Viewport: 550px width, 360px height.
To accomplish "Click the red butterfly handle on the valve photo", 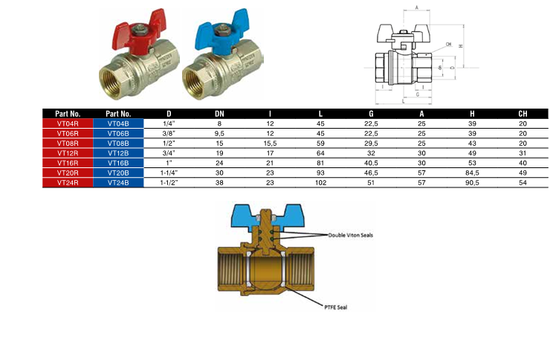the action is [137, 33].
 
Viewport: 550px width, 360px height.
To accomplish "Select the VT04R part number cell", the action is [68, 123].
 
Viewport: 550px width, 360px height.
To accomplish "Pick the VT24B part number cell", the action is [118, 182].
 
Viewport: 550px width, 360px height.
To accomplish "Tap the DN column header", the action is [219, 114].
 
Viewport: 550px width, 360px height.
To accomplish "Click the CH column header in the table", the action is [522, 114].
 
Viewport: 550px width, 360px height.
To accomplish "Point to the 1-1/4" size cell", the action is [169, 173].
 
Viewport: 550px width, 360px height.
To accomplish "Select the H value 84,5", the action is [472, 173].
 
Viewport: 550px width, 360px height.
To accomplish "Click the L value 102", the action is [320, 182].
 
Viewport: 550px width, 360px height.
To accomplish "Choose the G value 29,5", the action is [371, 143].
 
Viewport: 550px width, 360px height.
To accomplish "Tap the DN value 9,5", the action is [219, 133].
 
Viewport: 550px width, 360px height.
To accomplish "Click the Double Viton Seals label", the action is [350, 235].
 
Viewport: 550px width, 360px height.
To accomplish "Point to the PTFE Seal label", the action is [336, 307].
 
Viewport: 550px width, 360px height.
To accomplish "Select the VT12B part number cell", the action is [118, 153].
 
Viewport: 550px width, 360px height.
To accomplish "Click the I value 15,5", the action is [270, 143].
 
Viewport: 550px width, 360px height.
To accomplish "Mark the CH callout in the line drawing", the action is [449, 44].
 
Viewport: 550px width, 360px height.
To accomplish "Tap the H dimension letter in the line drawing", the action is [461, 46].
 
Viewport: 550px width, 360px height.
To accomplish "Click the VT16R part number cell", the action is [68, 163].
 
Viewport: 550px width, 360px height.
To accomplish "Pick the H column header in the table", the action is [472, 114].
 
